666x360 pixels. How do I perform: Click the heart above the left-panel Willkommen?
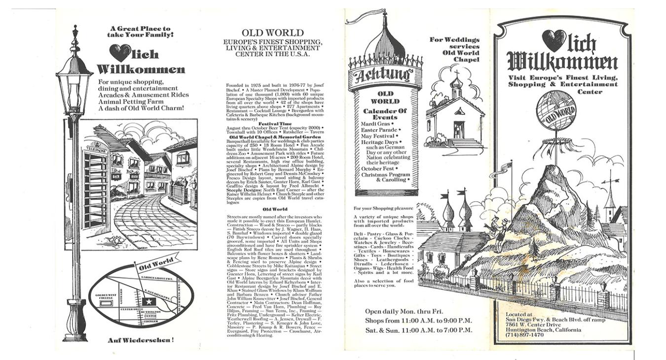[x=120, y=53]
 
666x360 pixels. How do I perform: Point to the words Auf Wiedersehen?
[x=141, y=340]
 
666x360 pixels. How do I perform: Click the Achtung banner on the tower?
[x=385, y=75]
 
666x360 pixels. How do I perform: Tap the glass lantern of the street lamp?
[x=74, y=91]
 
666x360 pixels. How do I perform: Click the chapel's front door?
[x=459, y=130]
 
